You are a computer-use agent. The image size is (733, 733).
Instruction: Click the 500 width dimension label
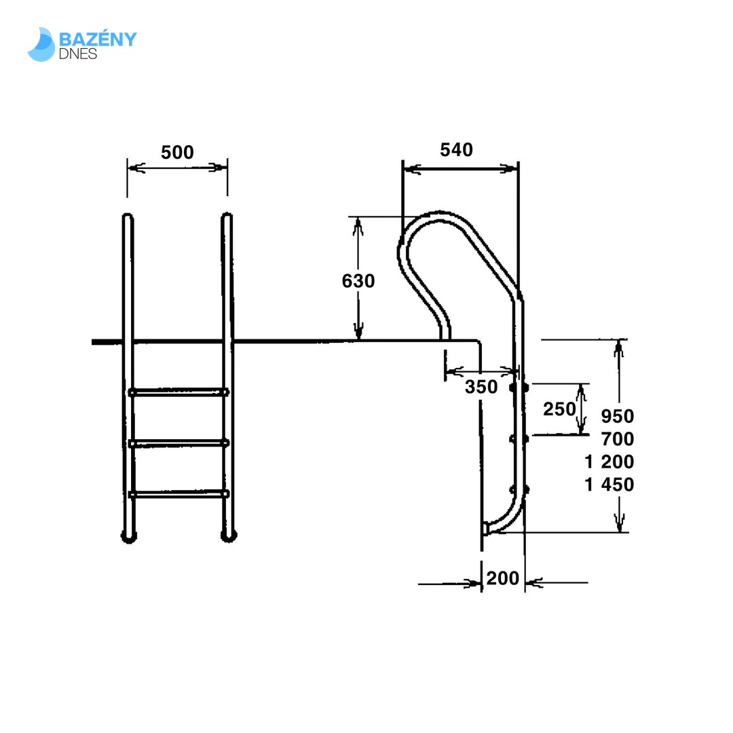[177, 153]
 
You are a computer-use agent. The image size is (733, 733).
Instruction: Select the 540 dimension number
[456, 149]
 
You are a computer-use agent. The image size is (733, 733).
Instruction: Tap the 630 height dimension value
[358, 281]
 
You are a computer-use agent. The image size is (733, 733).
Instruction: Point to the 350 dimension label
[481, 387]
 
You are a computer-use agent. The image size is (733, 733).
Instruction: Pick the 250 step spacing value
[559, 409]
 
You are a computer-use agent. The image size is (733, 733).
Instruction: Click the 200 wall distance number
[502, 578]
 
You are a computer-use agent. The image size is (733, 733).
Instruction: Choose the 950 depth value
[617, 416]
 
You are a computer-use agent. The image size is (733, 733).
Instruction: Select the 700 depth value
[617, 439]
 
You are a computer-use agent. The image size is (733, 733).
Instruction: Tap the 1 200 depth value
[609, 462]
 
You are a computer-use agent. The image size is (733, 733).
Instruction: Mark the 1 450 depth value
[609, 485]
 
